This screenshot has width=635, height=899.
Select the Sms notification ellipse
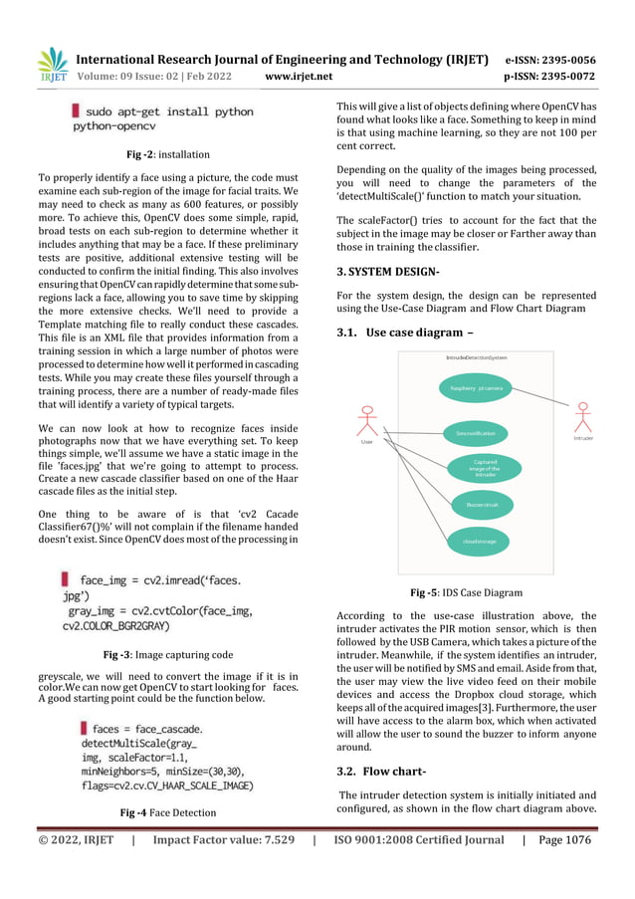(476, 433)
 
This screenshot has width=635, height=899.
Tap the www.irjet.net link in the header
(299, 76)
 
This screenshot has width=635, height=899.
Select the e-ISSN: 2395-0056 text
(550, 59)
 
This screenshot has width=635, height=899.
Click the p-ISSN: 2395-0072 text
(550, 76)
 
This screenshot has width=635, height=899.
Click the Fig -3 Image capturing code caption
(168, 655)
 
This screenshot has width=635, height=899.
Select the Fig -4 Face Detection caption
(167, 812)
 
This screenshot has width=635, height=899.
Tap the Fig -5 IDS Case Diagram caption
(467, 593)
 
